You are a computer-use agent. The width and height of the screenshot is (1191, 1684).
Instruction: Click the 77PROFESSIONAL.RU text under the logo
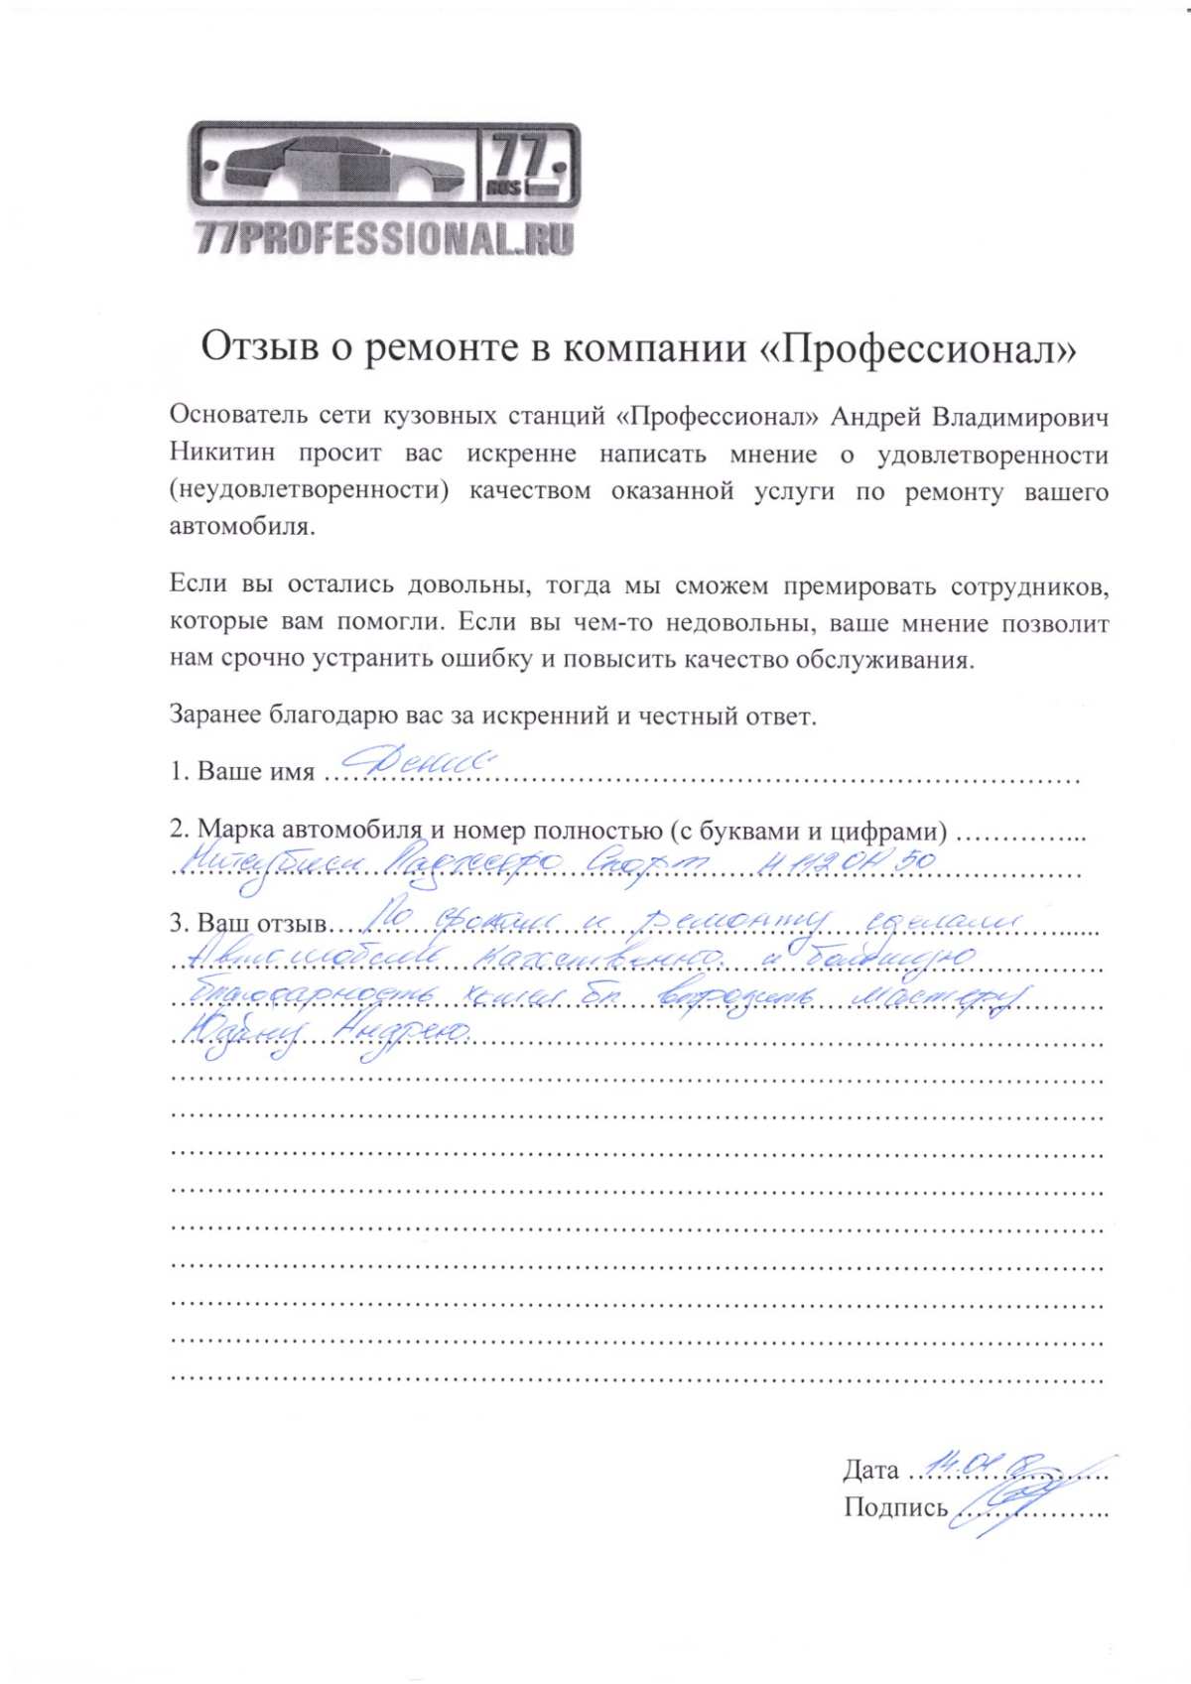click(x=385, y=239)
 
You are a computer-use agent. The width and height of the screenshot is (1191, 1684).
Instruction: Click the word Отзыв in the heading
click(x=259, y=348)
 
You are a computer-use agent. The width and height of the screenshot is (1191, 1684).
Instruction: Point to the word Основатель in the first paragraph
click(x=235, y=417)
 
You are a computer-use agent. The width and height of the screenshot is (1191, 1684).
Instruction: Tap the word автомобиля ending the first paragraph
click(x=241, y=527)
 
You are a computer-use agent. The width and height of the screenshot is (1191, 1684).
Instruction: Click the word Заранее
click(x=214, y=715)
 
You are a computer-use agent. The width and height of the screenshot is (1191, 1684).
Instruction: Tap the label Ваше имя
click(x=255, y=772)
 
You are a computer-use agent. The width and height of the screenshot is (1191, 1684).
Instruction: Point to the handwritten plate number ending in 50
click(x=844, y=861)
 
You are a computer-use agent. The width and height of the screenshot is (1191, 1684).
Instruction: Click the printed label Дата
click(x=870, y=1470)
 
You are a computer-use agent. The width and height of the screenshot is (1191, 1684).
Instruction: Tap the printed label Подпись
click(x=895, y=1507)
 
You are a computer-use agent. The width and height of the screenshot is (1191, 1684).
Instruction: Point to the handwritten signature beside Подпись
click(x=1002, y=1503)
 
